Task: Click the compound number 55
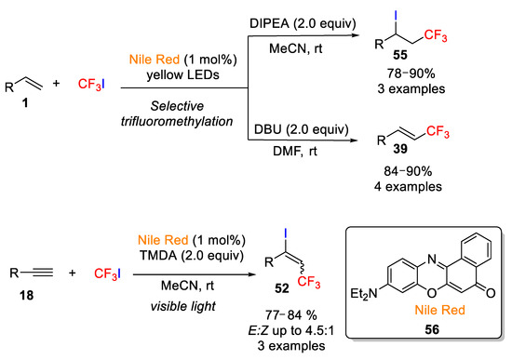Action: pos(400,55)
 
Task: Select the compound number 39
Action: pos(400,149)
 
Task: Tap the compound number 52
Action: pos(282,288)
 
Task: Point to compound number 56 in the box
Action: pos(432,329)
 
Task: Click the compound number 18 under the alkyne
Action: pos(26,296)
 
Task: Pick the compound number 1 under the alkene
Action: pos(25,103)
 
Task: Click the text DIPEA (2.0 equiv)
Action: pos(303,23)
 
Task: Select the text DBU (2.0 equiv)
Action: pos(301,129)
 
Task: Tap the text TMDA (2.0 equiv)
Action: pos(192,255)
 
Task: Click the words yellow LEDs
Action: pos(182,74)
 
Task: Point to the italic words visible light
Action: pos(183,306)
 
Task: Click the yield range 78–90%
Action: pos(411,73)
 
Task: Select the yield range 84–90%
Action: pos(408,171)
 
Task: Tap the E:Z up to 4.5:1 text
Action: pos(291,331)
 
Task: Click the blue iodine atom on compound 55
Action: pos(396,16)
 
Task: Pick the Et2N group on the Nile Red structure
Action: pos(364,293)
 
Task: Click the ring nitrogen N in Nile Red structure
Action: pos(432,260)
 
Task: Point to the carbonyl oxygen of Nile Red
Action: pos(491,293)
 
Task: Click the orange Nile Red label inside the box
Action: pos(439,310)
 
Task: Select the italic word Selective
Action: pos(177,106)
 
